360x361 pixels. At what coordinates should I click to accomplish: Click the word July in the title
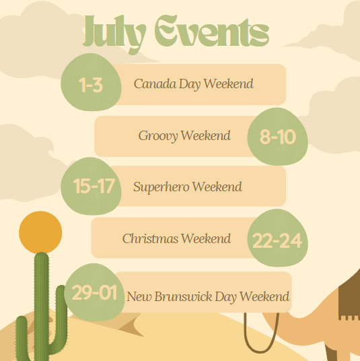[x=114, y=34]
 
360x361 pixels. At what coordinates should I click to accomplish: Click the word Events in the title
[x=212, y=31]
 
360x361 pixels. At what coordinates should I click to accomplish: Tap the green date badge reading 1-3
[x=91, y=82]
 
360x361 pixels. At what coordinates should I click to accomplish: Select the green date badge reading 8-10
[x=278, y=137]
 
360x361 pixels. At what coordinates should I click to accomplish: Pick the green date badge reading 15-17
[x=91, y=186]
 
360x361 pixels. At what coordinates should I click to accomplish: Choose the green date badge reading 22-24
[x=278, y=238]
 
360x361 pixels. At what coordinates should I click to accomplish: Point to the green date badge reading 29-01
[x=94, y=292]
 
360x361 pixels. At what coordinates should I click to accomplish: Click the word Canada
[x=155, y=84]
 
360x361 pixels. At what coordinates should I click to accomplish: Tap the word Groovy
[x=158, y=136]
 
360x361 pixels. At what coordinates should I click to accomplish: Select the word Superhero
[x=161, y=187]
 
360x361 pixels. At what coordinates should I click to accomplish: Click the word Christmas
[x=151, y=238]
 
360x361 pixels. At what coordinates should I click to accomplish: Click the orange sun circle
[x=40, y=232]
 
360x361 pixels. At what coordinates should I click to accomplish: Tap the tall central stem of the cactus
[x=42, y=306]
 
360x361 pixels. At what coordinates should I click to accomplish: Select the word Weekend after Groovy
[x=206, y=135]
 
